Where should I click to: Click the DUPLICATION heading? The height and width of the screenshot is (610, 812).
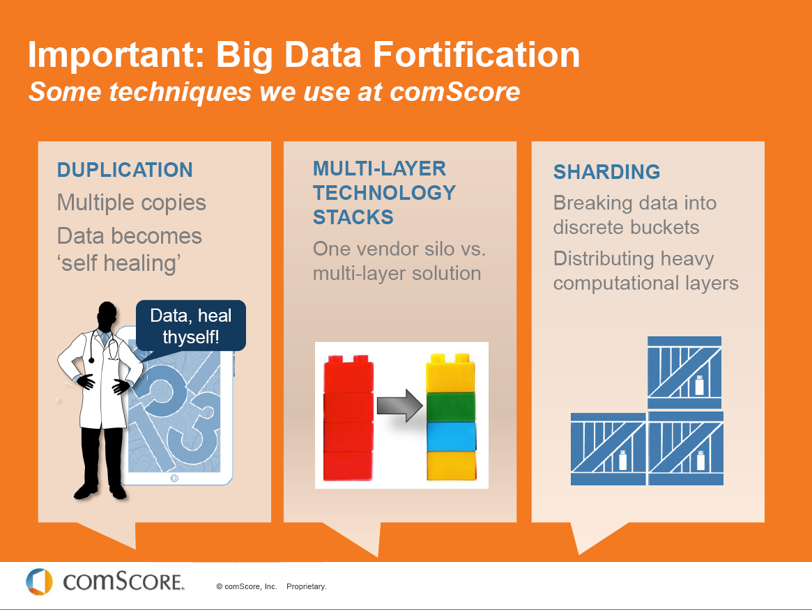pos(125,170)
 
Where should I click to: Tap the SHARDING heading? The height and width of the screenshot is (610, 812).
pos(606,172)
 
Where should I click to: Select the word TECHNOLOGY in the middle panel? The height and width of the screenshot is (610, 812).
pos(384,193)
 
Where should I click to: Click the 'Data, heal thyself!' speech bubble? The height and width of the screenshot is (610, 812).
pos(190,326)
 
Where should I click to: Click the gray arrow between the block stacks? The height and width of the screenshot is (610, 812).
pos(400,405)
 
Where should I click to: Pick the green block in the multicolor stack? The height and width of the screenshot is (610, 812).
pos(450,407)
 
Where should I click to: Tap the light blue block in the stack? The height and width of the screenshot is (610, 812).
pos(451,436)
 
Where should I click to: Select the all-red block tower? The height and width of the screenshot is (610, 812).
pos(348,418)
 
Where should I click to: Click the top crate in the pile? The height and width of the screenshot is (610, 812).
pos(684,373)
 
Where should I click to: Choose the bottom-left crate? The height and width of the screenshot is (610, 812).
pos(608,449)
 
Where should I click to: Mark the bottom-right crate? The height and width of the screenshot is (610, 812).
pos(686,448)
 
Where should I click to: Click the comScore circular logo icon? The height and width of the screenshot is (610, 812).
pos(39,581)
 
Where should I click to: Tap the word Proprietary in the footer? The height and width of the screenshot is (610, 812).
pos(307,587)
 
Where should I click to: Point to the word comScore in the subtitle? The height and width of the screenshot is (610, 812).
pos(454,92)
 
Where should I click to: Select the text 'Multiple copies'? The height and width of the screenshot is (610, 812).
pos(132,203)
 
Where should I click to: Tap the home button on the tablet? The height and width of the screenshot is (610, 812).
pos(174,478)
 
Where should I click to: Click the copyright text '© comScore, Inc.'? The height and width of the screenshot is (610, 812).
pos(247,587)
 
